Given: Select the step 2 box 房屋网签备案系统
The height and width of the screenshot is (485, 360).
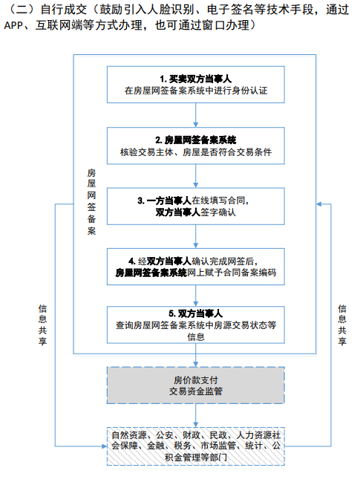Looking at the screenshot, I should pos(195,146).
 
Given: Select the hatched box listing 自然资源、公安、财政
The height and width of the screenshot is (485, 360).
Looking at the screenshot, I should pos(195,446).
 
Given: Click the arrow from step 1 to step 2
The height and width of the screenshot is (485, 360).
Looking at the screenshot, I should pos(195,115).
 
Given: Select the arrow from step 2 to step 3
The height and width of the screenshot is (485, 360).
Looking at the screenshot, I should pos(195,176).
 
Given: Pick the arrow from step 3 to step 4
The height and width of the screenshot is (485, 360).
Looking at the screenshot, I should pos(195,236).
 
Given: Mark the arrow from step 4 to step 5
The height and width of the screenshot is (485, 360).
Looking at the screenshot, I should pos(195,296).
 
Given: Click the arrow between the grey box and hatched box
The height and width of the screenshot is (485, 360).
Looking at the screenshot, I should pos(195,415).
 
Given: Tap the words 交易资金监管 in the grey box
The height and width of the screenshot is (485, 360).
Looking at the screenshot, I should pos(195,391).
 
